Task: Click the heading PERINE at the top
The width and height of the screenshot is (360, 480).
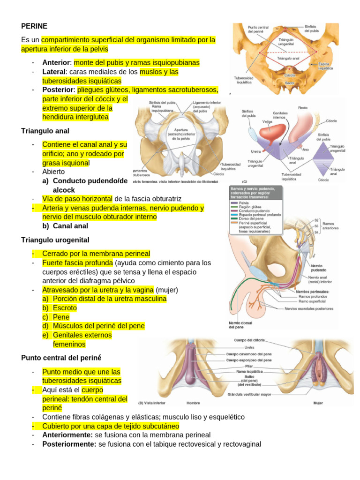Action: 34,26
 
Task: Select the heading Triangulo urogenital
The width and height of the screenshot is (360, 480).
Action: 55,240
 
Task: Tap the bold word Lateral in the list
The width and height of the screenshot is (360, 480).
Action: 54,72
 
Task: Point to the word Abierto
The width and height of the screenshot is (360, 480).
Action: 53,172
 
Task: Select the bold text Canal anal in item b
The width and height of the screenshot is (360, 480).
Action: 70,225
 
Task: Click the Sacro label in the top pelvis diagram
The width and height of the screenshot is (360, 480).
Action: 289,83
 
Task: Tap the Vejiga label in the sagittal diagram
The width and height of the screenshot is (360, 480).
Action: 268,121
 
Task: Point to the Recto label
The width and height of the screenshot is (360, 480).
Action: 302,108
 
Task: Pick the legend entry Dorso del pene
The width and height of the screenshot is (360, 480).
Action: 251,218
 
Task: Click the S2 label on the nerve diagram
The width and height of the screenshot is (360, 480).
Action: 316,220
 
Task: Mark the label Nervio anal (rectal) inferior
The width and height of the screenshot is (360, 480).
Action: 320,279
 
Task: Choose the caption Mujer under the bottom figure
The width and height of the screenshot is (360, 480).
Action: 318,403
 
